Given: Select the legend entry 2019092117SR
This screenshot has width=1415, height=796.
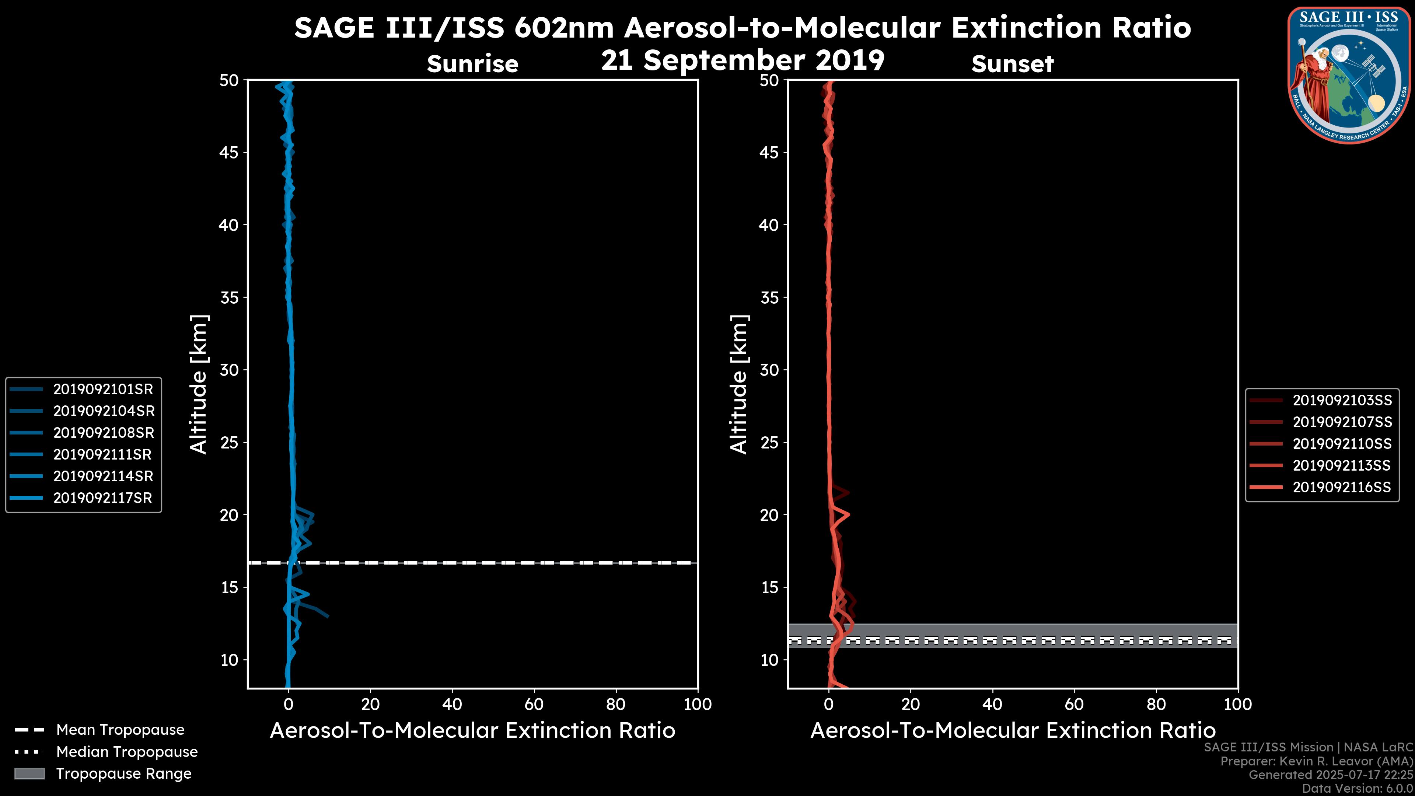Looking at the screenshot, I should point(103,498).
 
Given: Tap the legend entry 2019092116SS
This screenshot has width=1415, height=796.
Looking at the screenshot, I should point(1342,487).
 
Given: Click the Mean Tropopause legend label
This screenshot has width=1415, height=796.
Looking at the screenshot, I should point(120,730).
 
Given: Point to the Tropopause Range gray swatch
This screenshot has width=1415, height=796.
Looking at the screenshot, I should point(29,774).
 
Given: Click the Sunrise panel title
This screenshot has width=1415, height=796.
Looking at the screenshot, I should point(472,64).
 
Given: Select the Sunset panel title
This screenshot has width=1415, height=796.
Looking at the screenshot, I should point(1012,64).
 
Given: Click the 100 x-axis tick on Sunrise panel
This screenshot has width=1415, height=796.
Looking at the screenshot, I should point(698,704).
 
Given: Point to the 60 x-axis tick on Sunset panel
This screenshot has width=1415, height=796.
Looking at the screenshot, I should point(1074,704).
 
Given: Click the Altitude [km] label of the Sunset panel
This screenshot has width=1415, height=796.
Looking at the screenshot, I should point(739,384).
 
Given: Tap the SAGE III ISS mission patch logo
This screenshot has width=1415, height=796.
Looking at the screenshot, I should point(1349,75).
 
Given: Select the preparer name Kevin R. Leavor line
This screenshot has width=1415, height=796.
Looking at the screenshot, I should point(1316,761).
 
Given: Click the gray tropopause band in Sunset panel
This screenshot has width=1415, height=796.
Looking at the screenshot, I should point(1044,629).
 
